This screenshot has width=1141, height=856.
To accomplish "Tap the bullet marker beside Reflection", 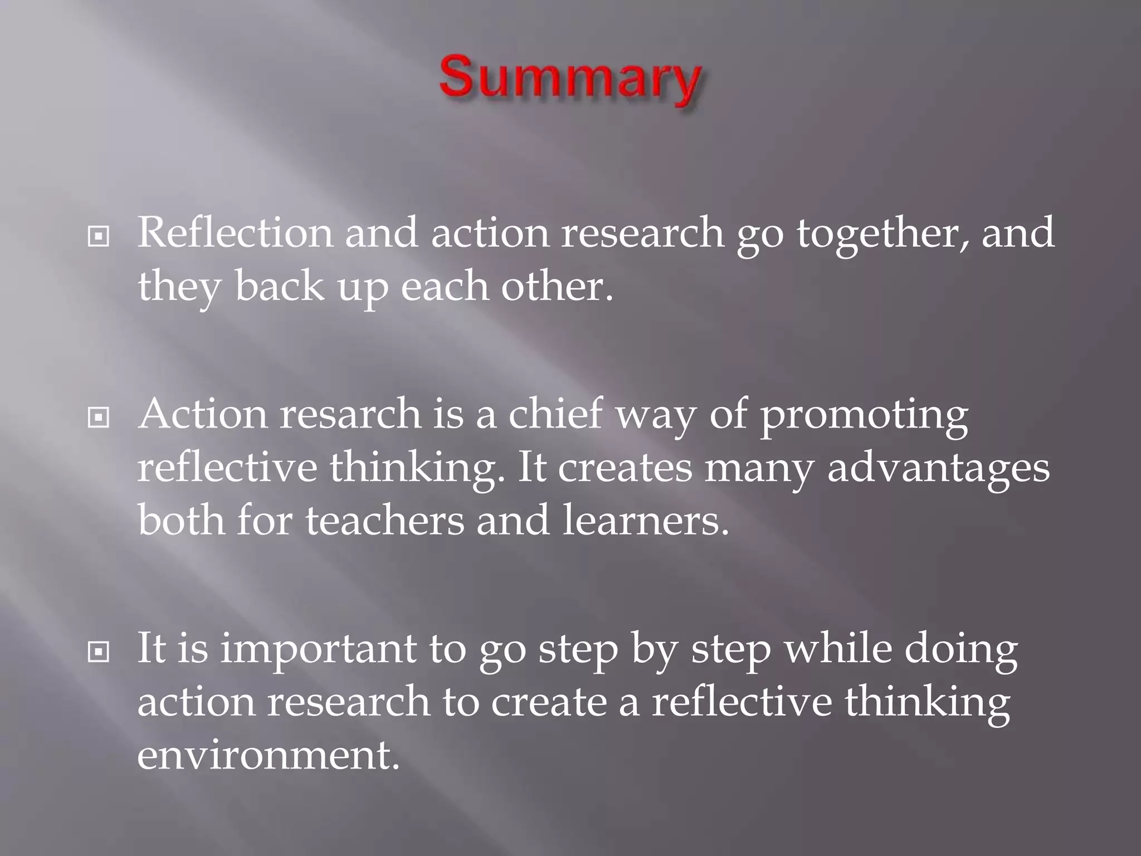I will pyautogui.click(x=99, y=237).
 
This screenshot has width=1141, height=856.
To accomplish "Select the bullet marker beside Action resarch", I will pyautogui.click(x=99, y=417).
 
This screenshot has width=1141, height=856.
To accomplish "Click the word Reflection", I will pyautogui.click(x=235, y=232).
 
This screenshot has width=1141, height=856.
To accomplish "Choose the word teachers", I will pyautogui.click(x=384, y=521).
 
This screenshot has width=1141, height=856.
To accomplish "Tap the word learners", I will pyautogui.click(x=645, y=521).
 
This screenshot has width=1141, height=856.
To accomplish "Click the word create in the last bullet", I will pyautogui.click(x=548, y=702).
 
